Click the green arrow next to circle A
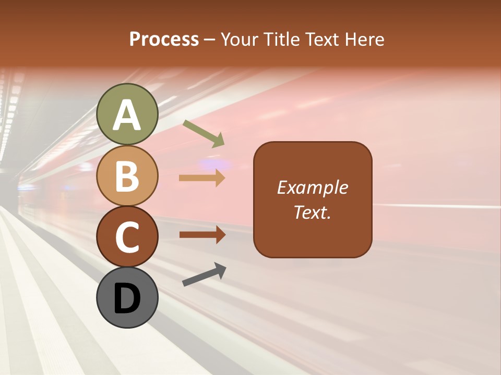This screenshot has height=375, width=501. (x=204, y=133)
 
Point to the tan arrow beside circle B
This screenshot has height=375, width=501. (x=202, y=178)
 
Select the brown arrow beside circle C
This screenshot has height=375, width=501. (x=202, y=235)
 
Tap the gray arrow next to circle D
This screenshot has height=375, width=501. (x=204, y=274)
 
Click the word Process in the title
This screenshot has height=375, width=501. (x=164, y=39)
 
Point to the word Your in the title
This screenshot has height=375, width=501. (x=238, y=39)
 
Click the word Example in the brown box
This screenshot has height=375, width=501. (x=313, y=187)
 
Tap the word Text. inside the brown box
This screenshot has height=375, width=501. (x=313, y=212)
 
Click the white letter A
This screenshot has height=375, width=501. (x=127, y=115)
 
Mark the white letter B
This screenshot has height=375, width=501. (x=127, y=176)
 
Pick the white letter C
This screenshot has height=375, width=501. (x=127, y=237)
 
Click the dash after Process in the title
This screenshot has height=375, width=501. (x=210, y=40)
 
